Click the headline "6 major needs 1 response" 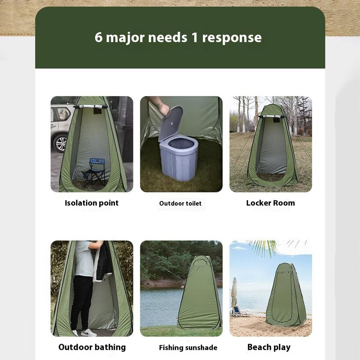click(x=178, y=37)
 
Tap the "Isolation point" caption click(x=91, y=203)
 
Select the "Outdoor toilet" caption click(x=181, y=203)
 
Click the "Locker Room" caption click(x=270, y=203)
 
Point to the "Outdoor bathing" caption click(x=92, y=347)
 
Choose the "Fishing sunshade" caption click(x=188, y=348)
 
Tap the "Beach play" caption click(x=269, y=347)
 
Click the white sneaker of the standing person click(x=88, y=333)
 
